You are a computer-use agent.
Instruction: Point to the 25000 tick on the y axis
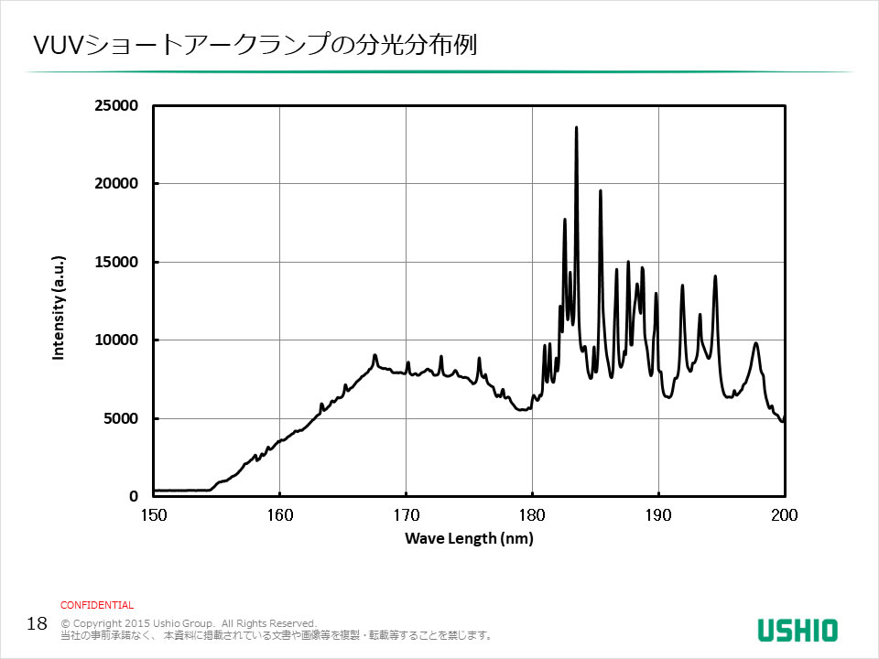pyautogui.click(x=116, y=106)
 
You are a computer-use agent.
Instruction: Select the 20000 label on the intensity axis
pyautogui.click(x=116, y=184)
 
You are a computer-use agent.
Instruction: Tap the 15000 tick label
pyautogui.click(x=116, y=263)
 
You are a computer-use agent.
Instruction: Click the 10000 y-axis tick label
pyautogui.click(x=116, y=340)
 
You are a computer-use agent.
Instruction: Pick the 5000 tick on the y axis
pyautogui.click(x=120, y=419)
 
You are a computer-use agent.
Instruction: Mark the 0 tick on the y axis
pyautogui.click(x=133, y=497)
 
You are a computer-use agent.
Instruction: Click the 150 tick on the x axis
pyautogui.click(x=153, y=515)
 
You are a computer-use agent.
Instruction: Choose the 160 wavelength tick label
pyautogui.click(x=279, y=515)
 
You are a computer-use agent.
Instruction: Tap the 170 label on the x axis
pyautogui.click(x=406, y=515)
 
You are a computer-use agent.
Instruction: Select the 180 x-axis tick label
pyautogui.click(x=532, y=515)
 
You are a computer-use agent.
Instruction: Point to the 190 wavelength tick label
pyautogui.click(x=658, y=515)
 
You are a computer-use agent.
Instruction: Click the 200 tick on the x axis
pyautogui.click(x=785, y=515)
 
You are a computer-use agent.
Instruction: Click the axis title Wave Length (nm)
pyautogui.click(x=469, y=539)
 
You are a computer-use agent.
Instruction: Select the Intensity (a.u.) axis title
pyautogui.click(x=59, y=307)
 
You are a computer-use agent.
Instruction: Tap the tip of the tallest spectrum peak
pyautogui.click(x=576, y=127)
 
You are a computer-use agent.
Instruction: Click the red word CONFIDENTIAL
pyautogui.click(x=97, y=605)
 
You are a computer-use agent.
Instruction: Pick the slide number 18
pyautogui.click(x=38, y=624)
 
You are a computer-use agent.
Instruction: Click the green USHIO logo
pyautogui.click(x=797, y=630)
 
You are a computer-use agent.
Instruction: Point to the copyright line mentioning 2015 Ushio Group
pyautogui.click(x=188, y=623)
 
